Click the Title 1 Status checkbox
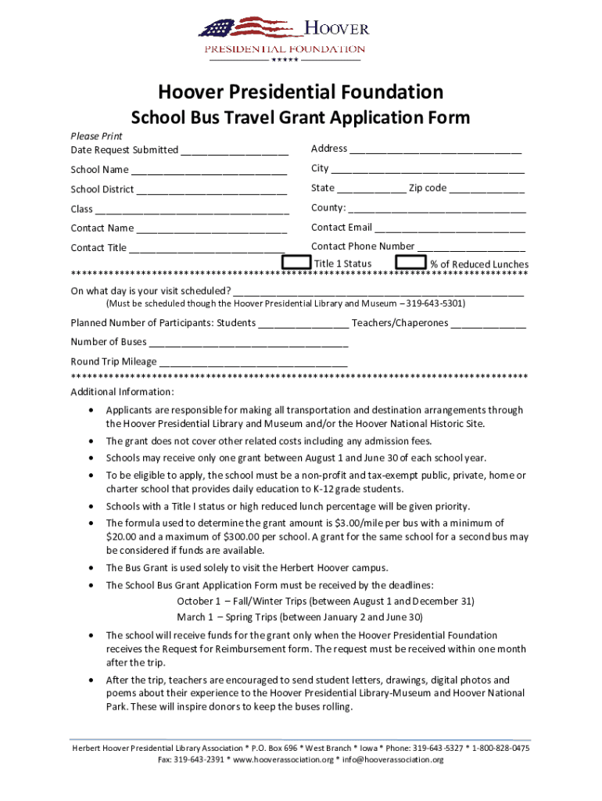click(296, 263)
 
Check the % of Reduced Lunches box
click(410, 263)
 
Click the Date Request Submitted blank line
click(234, 150)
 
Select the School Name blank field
click(209, 170)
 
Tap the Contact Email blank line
click(450, 228)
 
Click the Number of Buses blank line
click(249, 342)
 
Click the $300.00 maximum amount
click(245, 537)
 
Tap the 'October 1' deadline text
click(199, 602)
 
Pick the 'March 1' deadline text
click(195, 617)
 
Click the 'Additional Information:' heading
click(123, 392)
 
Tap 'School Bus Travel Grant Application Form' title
click(300, 118)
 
